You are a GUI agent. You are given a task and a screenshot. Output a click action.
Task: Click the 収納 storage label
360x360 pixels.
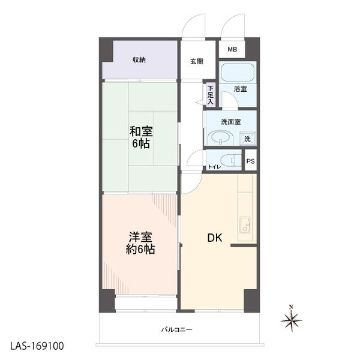click(x=139, y=60)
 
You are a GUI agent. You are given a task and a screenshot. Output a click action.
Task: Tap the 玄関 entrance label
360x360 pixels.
click(x=197, y=62)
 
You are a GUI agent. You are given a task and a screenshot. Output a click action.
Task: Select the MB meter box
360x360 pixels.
click(x=232, y=49)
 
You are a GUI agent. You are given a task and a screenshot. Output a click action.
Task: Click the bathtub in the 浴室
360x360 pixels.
click(x=238, y=73)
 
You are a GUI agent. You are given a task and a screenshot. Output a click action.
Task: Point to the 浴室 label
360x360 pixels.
click(x=241, y=89)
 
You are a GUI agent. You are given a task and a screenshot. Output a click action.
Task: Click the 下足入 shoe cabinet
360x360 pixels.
click(x=211, y=95)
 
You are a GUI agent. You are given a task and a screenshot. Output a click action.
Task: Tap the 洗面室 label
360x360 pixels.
click(x=231, y=122)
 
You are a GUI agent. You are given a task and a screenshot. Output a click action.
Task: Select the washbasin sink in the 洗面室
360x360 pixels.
click(x=220, y=138)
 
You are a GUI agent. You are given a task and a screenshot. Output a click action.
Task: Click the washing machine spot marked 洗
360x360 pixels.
click(x=248, y=139)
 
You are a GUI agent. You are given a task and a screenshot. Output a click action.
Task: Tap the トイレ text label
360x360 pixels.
click(x=214, y=167)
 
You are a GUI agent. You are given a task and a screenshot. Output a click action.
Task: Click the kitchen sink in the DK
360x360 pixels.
click(x=245, y=225)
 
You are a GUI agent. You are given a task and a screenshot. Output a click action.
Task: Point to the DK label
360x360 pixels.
click(x=215, y=238)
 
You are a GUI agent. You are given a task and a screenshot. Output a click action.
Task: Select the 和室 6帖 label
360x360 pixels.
click(x=141, y=137)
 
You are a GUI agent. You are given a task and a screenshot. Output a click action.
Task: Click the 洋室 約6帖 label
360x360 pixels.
click(x=140, y=243)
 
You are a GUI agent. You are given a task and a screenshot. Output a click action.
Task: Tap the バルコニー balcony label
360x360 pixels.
click(x=176, y=330)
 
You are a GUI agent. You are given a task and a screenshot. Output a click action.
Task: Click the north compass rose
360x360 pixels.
click(x=292, y=320)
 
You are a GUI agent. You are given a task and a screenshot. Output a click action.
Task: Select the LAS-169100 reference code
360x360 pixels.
click(x=37, y=346)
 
